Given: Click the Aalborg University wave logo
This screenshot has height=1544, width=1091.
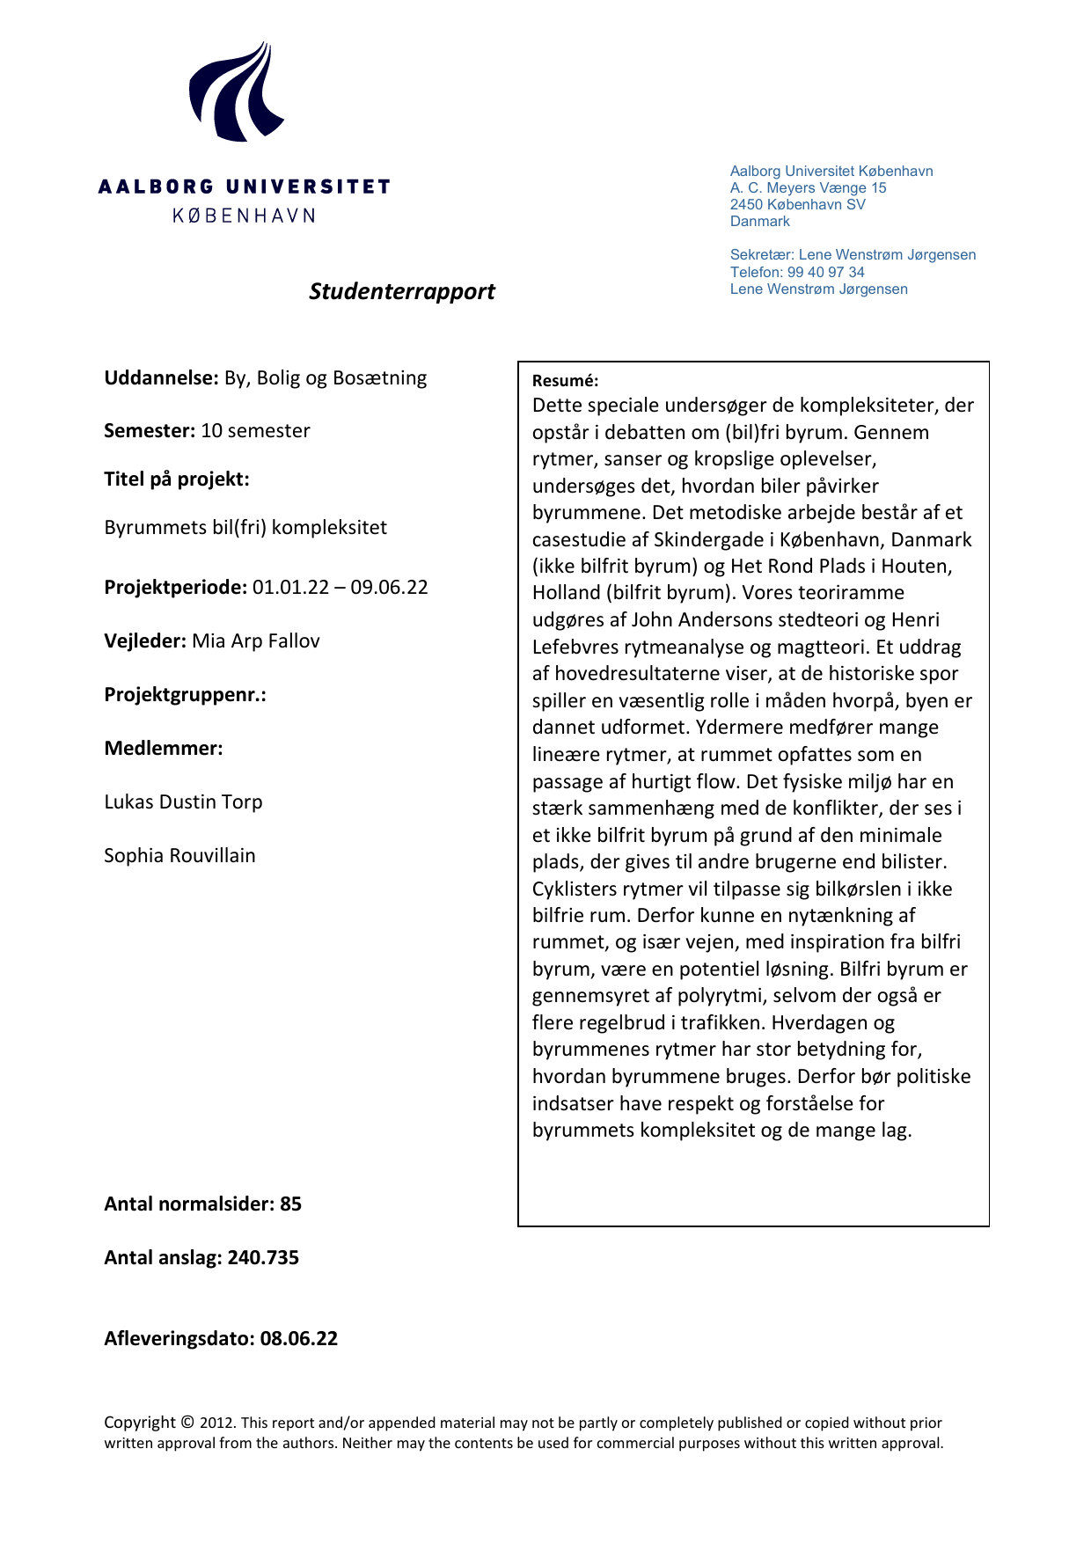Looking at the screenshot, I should [x=236, y=92].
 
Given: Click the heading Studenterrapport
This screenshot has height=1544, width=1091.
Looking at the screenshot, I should [x=401, y=291].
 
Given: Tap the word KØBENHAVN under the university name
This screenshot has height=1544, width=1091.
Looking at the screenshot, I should [x=244, y=216].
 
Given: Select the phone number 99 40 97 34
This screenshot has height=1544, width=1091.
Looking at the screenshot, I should [x=825, y=272].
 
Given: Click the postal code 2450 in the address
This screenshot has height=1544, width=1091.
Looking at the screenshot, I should [x=746, y=205].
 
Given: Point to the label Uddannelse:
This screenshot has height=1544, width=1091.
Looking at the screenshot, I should [x=161, y=378].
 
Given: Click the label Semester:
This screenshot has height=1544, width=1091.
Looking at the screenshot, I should [x=150, y=431].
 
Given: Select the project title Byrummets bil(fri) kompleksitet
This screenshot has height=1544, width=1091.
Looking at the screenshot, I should [x=245, y=528].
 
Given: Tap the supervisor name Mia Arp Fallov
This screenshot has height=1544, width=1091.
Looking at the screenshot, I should [x=255, y=641].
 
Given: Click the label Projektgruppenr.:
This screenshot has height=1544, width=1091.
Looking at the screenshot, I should [x=185, y=695].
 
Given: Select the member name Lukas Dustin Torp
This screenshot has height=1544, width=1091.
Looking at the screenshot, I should [x=183, y=802].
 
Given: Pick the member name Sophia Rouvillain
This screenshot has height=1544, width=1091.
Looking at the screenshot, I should [x=179, y=856].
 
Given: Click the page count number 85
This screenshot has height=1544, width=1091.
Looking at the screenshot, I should [x=290, y=1204].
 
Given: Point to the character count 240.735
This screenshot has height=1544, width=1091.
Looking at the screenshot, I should [x=263, y=1258].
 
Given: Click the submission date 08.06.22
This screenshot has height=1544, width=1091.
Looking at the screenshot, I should [x=298, y=1339].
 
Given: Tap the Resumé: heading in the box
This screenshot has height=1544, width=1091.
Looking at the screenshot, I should [x=565, y=381].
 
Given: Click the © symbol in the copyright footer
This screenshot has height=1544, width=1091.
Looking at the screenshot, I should [x=187, y=1422].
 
